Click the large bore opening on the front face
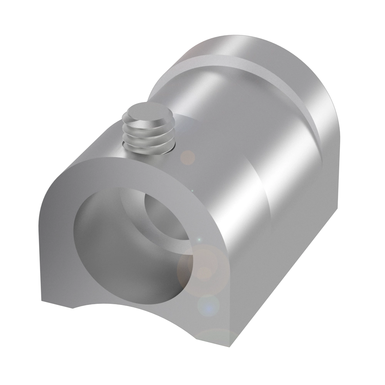click(127, 246)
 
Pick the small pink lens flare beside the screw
click(188, 157)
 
